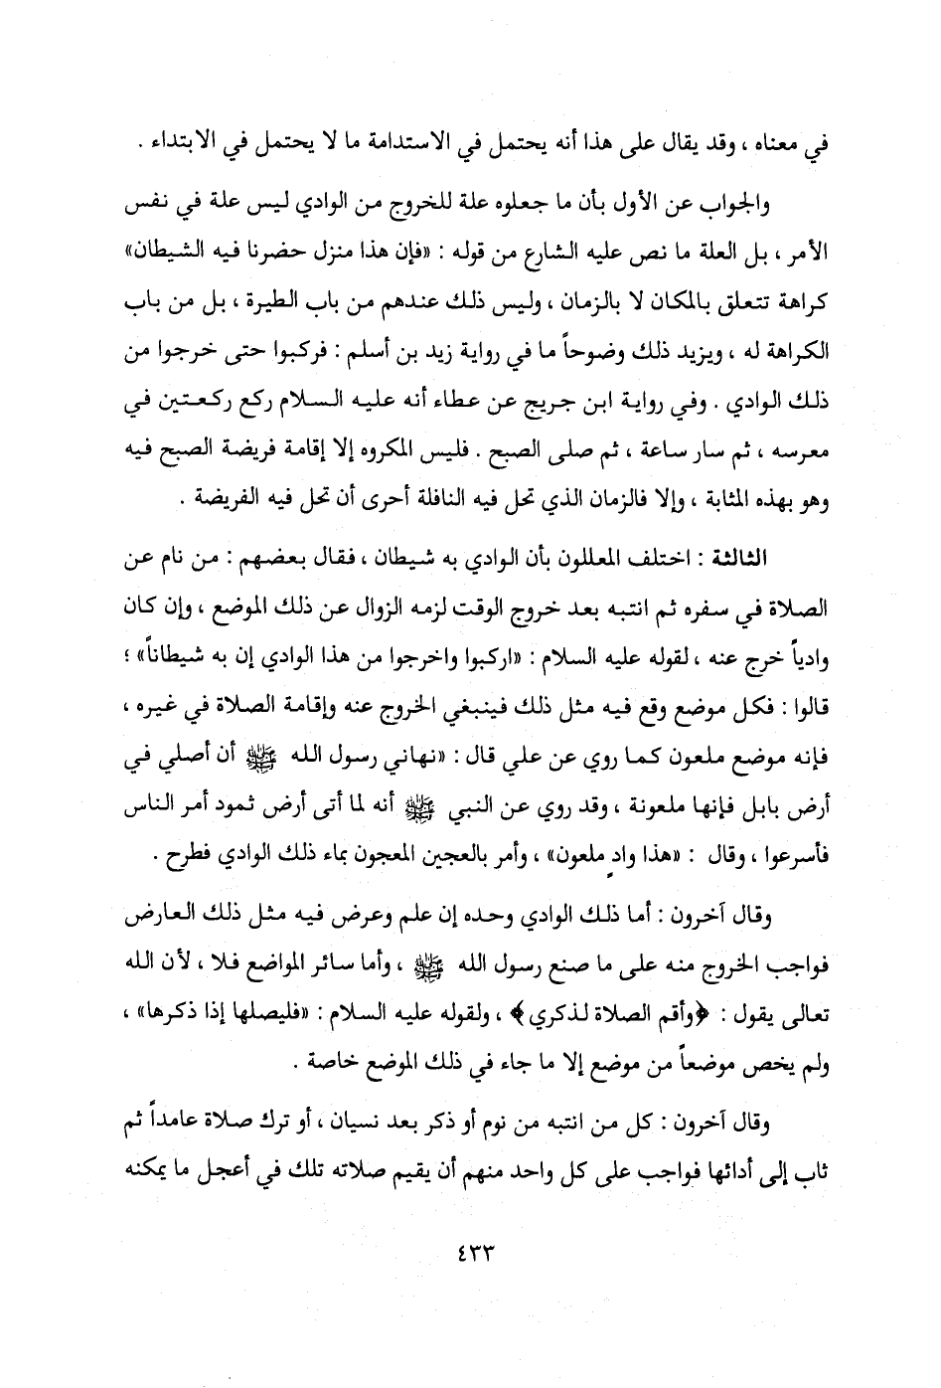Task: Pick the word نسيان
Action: click(400, 1126)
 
